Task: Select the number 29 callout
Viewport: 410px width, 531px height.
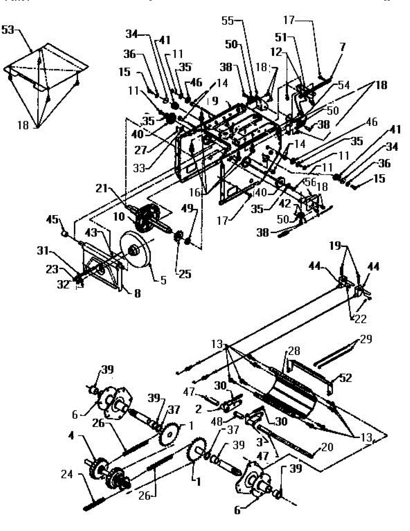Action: [366, 339]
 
